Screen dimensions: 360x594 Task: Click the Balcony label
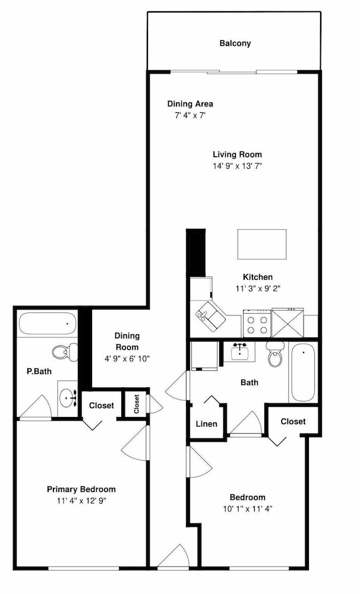[235, 43]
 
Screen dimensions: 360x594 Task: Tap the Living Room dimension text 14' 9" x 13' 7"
[237, 166]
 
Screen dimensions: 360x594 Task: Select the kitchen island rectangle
[262, 244]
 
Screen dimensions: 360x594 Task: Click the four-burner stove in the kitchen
[257, 324]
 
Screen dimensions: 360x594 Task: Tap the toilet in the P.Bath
[65, 352]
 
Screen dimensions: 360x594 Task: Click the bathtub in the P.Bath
[47, 324]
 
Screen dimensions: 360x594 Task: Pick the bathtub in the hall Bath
[303, 373]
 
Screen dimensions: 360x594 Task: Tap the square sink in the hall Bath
[239, 352]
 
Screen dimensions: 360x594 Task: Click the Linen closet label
[207, 424]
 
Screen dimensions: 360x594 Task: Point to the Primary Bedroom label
[81, 489]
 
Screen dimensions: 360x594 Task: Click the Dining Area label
[190, 104]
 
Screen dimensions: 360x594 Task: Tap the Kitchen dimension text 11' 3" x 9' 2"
[258, 288]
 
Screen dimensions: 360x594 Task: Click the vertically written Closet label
[137, 404]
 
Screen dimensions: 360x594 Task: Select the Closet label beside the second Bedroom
[293, 421]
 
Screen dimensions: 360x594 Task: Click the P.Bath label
[39, 371]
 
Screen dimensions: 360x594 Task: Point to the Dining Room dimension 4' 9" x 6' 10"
[127, 358]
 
